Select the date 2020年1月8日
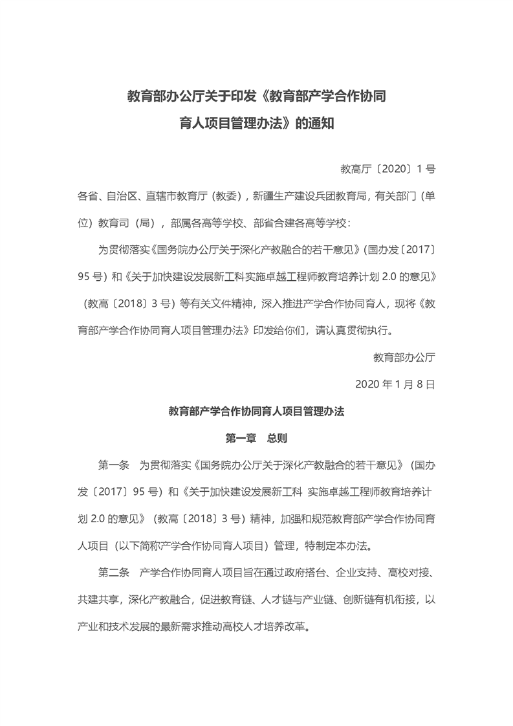pos(395,384)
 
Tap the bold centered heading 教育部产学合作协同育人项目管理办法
pos(256,411)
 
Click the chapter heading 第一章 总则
pos(256,438)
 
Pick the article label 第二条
pos(114,573)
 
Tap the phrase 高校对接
pos(409,573)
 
